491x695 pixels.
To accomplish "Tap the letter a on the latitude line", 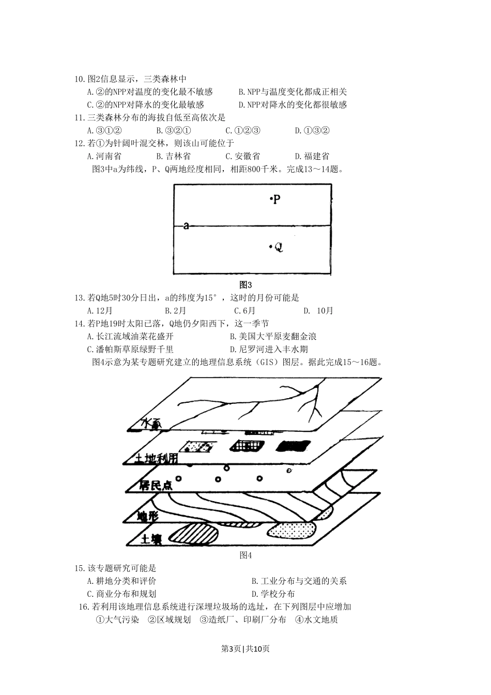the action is click(x=186, y=226).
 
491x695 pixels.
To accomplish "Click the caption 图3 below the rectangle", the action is click(x=245, y=284).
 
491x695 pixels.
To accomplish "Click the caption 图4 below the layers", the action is click(x=245, y=555).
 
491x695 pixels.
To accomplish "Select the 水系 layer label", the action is click(x=151, y=424).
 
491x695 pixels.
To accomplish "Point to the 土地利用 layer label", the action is click(x=157, y=458).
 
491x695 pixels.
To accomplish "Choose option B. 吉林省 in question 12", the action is click(x=173, y=156).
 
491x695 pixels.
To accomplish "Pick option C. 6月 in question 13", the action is click(x=244, y=311).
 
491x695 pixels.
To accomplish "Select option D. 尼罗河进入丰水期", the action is click(x=269, y=350).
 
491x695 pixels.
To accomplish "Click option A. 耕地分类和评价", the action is click(x=121, y=581).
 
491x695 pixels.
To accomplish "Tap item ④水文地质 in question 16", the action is click(x=316, y=620).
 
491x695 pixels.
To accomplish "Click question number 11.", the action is click(x=80, y=117).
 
